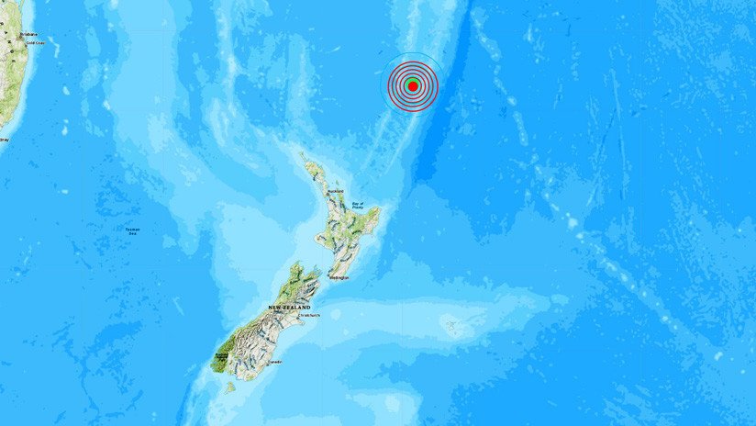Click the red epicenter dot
(413, 85)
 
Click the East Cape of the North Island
(380, 210)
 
